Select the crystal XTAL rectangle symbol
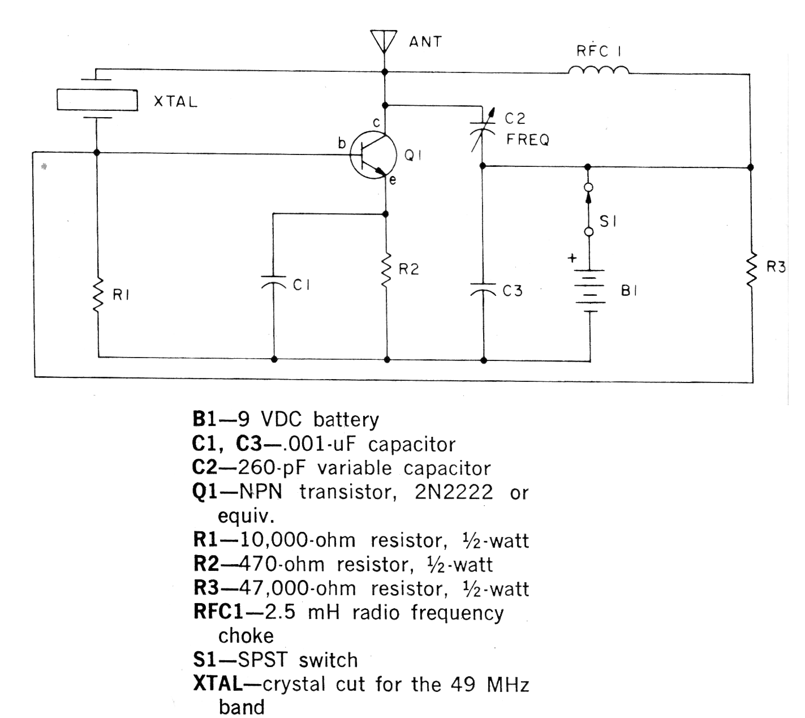[x=97, y=100]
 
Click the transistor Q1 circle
[x=371, y=156]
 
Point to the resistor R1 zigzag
[x=98, y=294]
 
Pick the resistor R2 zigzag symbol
[x=386, y=270]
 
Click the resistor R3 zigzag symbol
[x=751, y=270]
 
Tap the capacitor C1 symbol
[x=274, y=282]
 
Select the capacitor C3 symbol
[x=483, y=289]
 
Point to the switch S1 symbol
[x=588, y=209]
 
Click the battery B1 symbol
[x=589, y=291]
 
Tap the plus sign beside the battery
[x=572, y=259]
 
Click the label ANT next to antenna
[x=425, y=41]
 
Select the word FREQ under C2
[x=527, y=140]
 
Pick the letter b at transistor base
[x=342, y=144]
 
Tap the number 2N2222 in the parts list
[x=454, y=492]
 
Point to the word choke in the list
[x=246, y=636]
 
